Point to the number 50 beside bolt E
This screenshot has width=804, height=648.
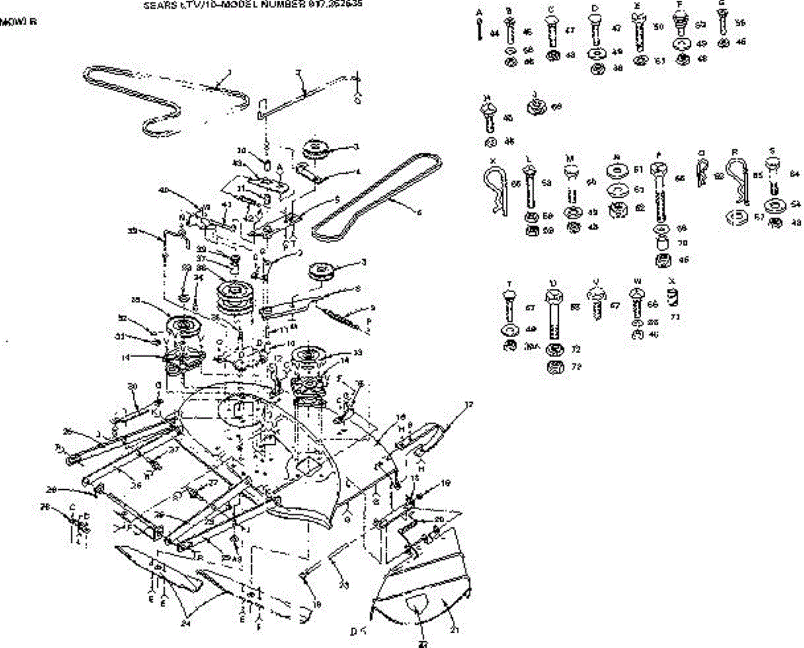tap(658, 27)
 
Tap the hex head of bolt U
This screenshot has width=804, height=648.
tap(554, 297)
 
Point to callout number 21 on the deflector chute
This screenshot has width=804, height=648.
tap(454, 629)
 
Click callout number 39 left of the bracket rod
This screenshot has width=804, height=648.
tap(133, 231)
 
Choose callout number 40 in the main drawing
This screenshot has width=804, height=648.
tap(162, 190)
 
